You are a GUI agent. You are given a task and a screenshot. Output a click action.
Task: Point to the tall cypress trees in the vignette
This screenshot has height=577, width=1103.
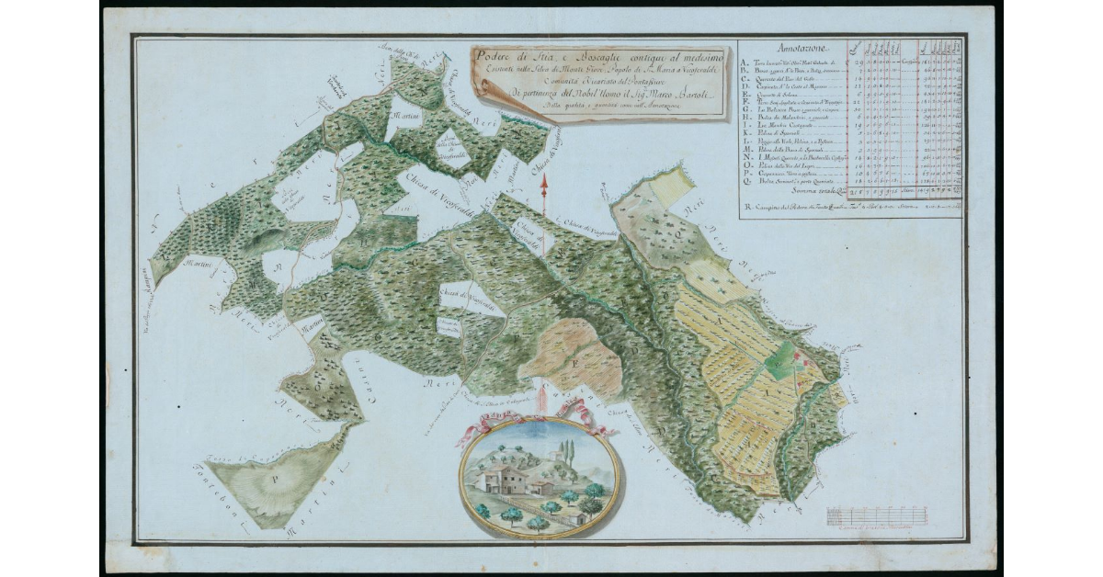[566, 454]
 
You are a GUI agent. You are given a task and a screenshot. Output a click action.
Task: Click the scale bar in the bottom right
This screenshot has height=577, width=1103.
[863, 515]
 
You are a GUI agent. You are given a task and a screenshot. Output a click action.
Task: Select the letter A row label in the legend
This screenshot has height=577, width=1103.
[744, 60]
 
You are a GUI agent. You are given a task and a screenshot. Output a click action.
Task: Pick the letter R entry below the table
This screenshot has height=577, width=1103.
[744, 208]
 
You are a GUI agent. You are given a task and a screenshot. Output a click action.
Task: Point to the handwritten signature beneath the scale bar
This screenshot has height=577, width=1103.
[864, 530]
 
